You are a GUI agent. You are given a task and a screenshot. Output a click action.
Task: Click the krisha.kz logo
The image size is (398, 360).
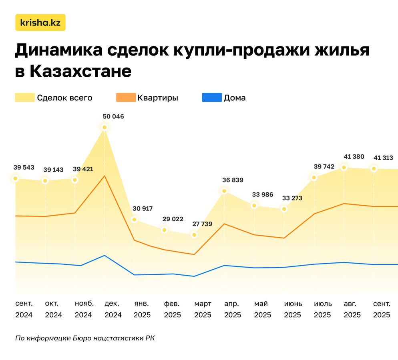tap(40, 22)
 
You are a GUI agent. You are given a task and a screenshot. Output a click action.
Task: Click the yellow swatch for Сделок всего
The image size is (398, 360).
tap(24, 98)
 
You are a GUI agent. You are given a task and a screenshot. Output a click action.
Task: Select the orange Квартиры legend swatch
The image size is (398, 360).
tap(125, 98)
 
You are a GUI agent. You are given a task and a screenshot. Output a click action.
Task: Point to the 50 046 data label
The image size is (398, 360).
tap(113, 117)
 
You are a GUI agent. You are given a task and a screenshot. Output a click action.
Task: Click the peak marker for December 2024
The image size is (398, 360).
tap(105, 128)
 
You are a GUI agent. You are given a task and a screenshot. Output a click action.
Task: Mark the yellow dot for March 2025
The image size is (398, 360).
tap(194, 235)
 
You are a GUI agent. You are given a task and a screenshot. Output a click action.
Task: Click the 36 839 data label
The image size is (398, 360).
tap(233, 180)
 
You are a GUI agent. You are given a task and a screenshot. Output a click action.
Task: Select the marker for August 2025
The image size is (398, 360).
tap(344, 167)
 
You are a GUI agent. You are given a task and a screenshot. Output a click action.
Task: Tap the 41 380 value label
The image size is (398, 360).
tap(354, 156)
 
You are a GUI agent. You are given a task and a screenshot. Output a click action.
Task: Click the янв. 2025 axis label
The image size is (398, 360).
tap(142, 309)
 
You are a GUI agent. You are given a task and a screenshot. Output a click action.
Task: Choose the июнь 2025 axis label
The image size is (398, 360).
tap(293, 309)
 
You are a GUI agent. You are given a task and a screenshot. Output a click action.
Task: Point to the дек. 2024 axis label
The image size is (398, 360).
tap(113, 309)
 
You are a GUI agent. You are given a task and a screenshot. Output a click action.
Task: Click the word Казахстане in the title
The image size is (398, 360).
tap(80, 71)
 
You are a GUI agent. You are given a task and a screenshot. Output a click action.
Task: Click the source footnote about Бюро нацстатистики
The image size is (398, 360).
tap(84, 338)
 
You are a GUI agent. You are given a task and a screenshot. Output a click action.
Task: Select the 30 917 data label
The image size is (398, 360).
tap(143, 208)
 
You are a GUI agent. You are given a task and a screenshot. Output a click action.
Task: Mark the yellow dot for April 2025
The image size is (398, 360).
tap(224, 191)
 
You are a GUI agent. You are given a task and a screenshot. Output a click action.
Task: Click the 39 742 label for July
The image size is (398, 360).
tap(323, 166)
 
